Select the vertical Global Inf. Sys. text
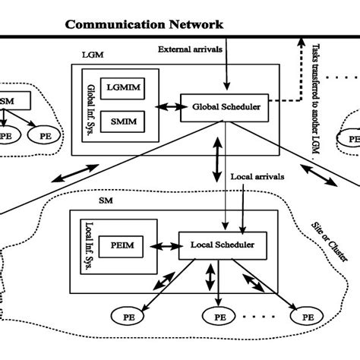click(92, 106)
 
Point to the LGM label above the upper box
click(92, 55)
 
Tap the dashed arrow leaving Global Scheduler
click(285, 107)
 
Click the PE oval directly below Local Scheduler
click(220, 315)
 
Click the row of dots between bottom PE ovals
click(263, 315)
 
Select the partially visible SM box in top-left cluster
click(14, 99)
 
